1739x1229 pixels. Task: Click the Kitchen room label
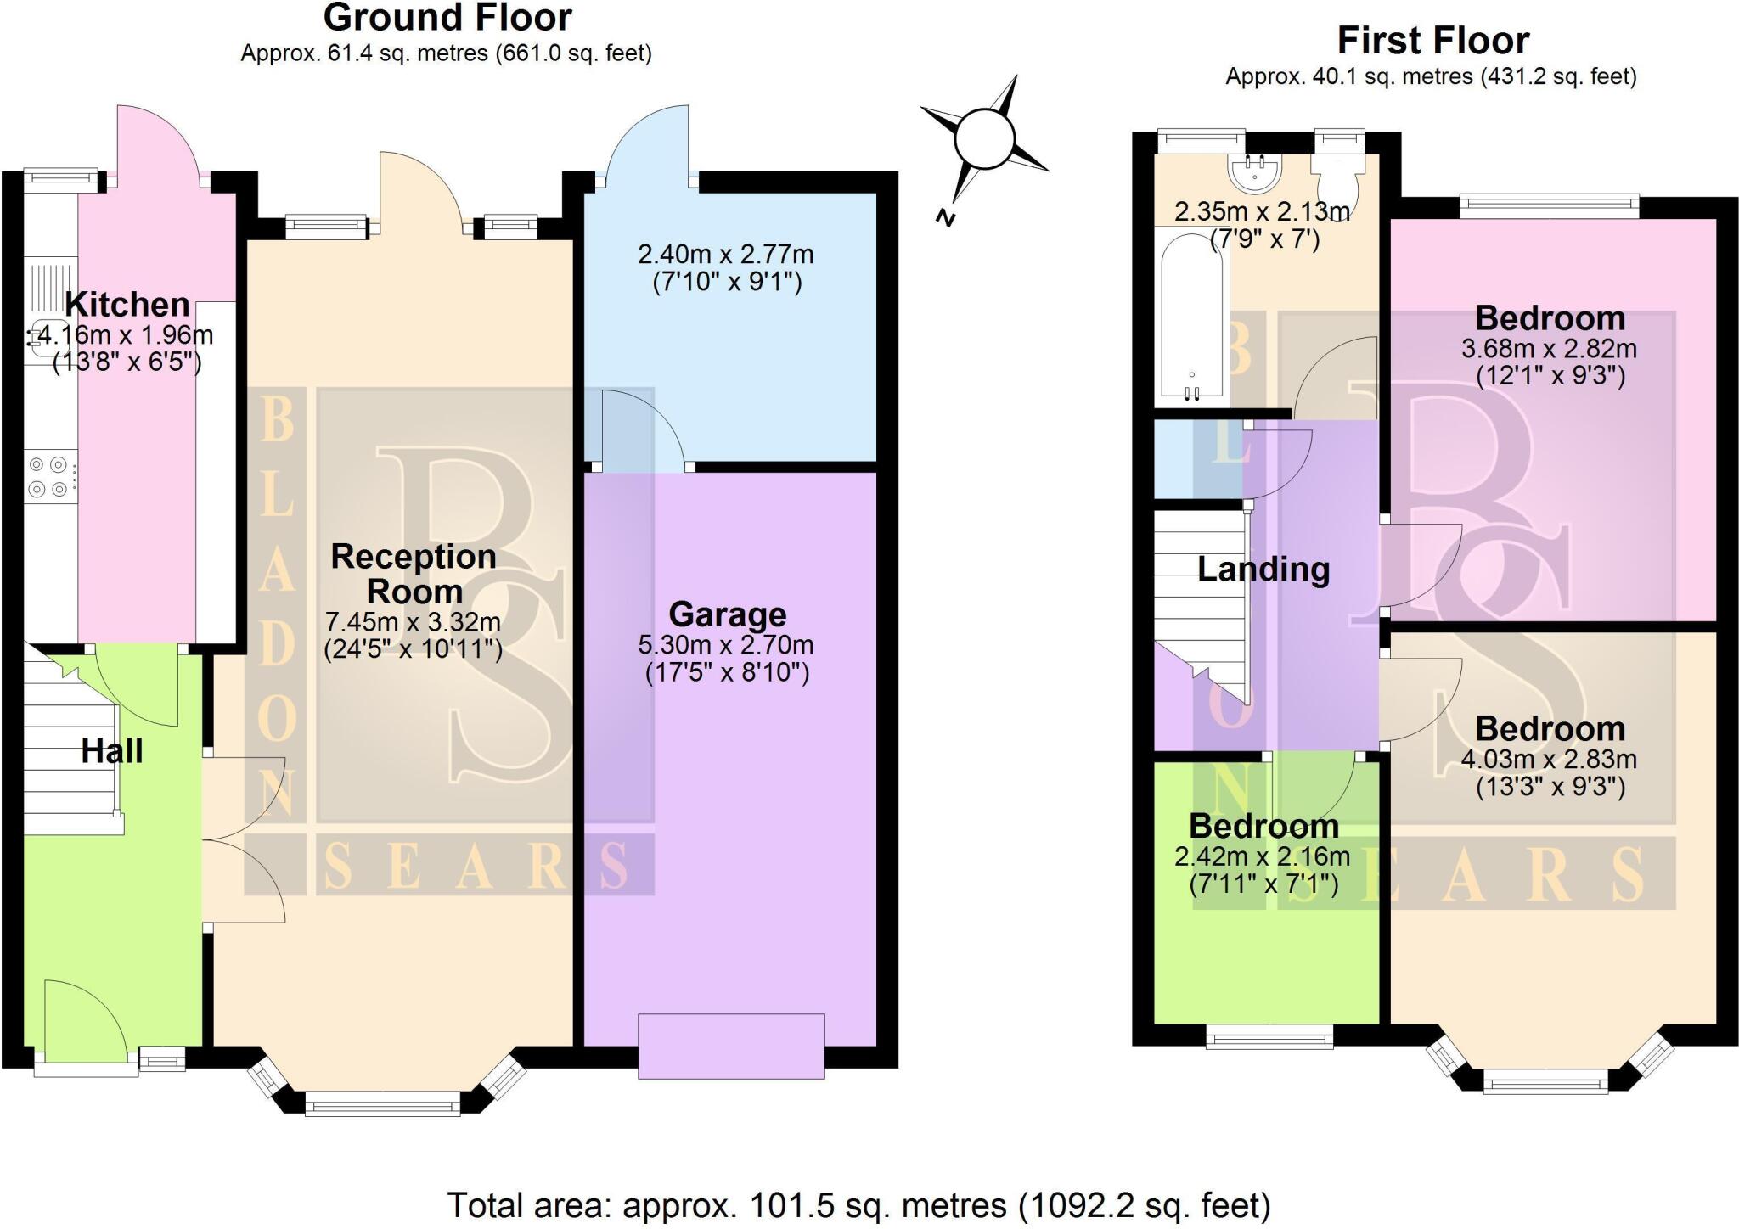127,305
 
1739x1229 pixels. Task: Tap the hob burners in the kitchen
48,477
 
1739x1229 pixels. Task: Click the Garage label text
727,614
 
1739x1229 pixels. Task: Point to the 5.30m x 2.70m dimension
726,645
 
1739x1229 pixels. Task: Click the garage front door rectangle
730,1046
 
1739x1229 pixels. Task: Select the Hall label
111,750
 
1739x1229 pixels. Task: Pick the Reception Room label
414,574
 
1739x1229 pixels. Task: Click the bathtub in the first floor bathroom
1193,318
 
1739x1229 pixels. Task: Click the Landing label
1263,569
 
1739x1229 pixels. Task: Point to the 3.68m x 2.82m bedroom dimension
1549,349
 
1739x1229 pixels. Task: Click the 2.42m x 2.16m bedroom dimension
1262,856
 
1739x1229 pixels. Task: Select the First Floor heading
1432,40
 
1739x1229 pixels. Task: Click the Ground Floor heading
447,17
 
